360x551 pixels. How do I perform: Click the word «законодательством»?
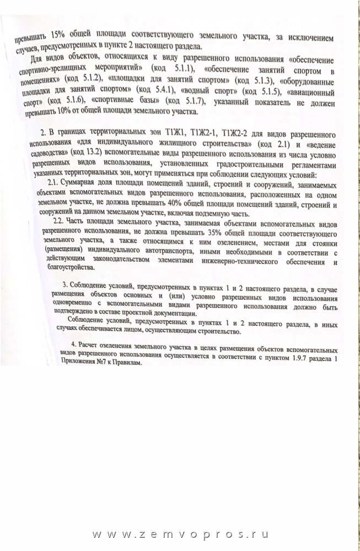pos(132,262)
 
